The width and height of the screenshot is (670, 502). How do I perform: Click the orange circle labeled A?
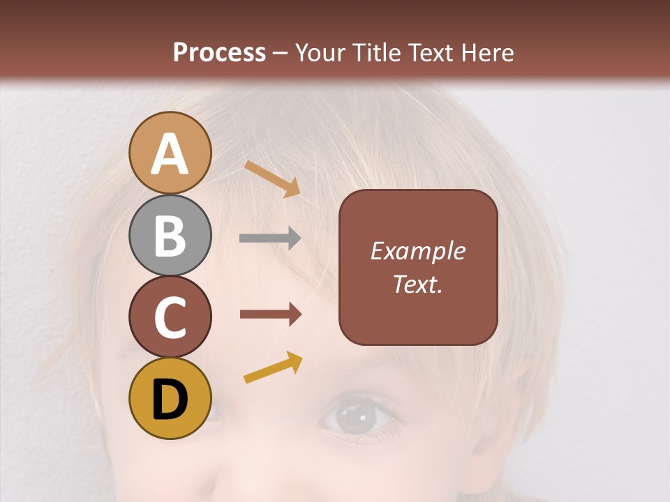[170, 153]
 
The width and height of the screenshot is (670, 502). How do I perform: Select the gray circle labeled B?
[170, 235]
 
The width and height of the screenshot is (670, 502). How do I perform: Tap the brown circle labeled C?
[170, 317]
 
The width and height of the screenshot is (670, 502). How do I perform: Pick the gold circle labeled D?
[170, 398]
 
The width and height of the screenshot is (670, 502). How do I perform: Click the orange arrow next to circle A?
[272, 178]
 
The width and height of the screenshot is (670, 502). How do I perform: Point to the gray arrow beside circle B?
[270, 238]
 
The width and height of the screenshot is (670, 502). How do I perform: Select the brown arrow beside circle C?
[270, 314]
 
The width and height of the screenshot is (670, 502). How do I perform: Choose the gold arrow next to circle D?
[273, 367]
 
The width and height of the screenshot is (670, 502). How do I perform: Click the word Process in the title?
[219, 52]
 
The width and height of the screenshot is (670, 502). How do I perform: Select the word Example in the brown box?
[418, 251]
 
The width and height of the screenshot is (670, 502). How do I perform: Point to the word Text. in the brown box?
[418, 284]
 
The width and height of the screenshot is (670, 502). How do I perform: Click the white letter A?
[170, 154]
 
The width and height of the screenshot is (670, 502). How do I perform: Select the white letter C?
[170, 317]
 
